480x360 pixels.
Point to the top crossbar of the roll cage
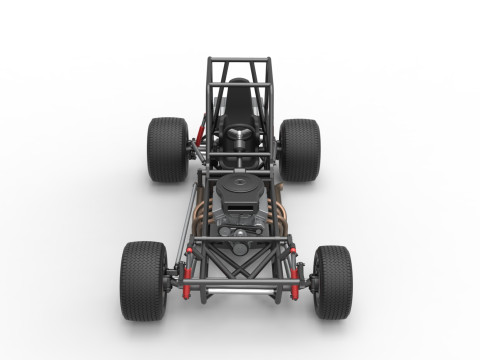click(x=239, y=60)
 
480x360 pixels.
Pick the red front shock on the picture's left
click(x=185, y=277)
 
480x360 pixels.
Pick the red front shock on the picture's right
click(x=296, y=277)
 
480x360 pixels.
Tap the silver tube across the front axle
click(x=240, y=290)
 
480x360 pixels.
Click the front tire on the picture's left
click(x=143, y=280)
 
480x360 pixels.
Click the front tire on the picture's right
click(x=333, y=282)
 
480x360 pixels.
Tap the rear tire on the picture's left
click(x=167, y=149)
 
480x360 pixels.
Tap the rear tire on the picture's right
click(x=300, y=149)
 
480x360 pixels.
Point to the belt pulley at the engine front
click(x=240, y=247)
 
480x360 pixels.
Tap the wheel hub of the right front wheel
click(x=314, y=283)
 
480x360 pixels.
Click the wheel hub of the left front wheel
click(x=167, y=283)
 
